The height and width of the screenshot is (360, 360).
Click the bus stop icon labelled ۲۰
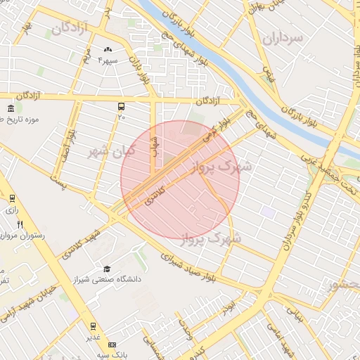(x=121, y=107)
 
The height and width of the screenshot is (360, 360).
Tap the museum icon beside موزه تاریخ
(x=10, y=108)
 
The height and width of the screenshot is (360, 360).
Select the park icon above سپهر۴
(x=108, y=50)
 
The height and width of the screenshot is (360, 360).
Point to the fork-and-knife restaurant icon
(x=20, y=225)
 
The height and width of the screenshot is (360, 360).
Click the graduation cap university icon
(x=107, y=269)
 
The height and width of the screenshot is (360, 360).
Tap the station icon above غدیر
(x=92, y=326)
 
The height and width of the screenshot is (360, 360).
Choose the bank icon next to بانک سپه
(x=112, y=345)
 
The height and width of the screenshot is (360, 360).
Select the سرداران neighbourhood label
(x=281, y=37)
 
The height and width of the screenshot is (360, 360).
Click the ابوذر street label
(x=226, y=307)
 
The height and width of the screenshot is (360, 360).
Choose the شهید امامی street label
(x=281, y=337)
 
